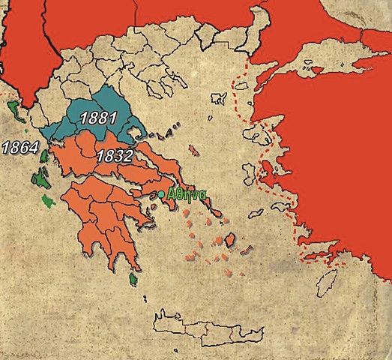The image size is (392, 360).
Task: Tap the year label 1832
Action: pyautogui.click(x=115, y=156)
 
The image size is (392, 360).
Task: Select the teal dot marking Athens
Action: pyautogui.click(x=161, y=195)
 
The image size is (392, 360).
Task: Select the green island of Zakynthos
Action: pyautogui.click(x=48, y=201)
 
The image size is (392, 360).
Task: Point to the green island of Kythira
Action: pyautogui.click(x=133, y=280)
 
